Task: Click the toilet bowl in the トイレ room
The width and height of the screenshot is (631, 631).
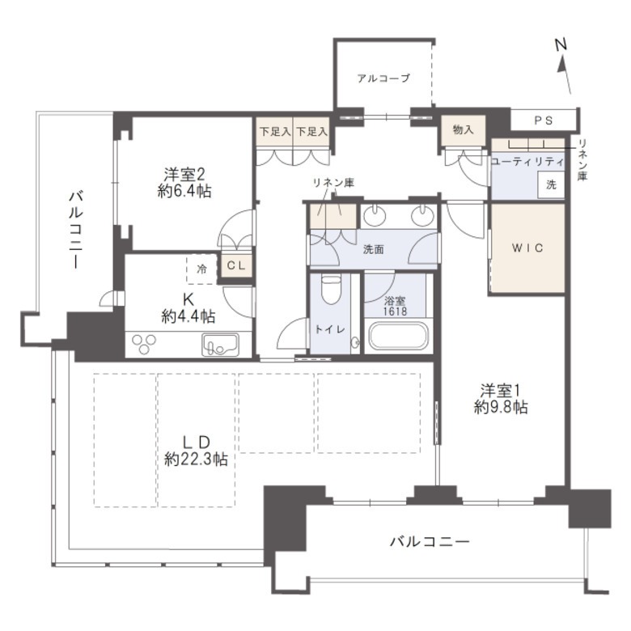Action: (x=331, y=290)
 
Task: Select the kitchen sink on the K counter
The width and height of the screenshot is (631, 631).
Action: (x=220, y=345)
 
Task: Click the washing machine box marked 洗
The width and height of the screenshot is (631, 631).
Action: (x=551, y=184)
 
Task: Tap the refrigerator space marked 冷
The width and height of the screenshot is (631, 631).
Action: (x=201, y=269)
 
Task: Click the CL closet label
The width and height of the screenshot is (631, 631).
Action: (x=236, y=265)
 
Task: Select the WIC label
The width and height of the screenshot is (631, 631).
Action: (x=528, y=248)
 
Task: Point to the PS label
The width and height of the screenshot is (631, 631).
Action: (x=544, y=120)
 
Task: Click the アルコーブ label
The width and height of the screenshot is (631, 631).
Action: (x=383, y=78)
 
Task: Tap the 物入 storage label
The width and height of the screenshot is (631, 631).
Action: (x=464, y=129)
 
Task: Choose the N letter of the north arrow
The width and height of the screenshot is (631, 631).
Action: (x=561, y=44)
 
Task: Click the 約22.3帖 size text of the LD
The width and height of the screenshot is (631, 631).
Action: (x=196, y=459)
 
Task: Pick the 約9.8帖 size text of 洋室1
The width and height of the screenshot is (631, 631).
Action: (x=501, y=407)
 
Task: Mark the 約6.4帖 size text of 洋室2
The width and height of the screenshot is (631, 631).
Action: (x=184, y=191)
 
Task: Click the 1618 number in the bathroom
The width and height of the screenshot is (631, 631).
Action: (x=395, y=311)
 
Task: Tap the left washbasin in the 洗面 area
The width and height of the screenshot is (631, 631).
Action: (x=375, y=215)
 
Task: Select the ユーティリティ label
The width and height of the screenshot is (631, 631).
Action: (x=528, y=162)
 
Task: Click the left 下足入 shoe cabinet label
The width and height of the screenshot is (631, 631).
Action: (x=275, y=132)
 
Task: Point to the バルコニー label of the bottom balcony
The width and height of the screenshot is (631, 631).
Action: (x=430, y=542)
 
